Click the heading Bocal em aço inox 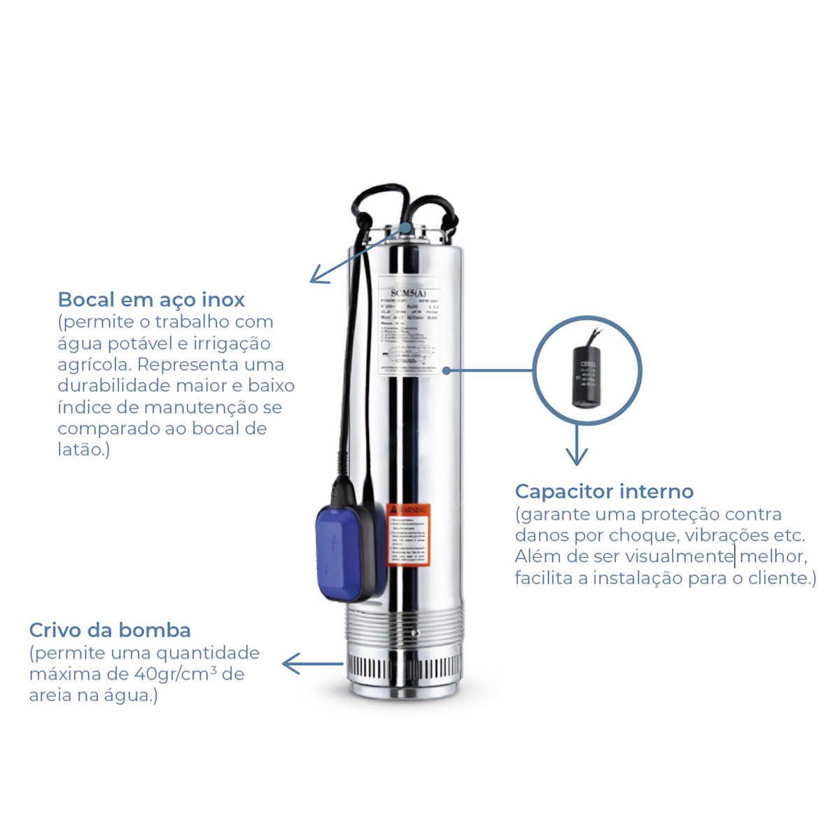151,300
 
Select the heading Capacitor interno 604,491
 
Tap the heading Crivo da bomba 110,631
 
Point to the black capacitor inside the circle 587,379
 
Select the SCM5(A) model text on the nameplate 408,293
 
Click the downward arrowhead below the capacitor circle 577,459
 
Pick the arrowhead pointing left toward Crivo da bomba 288,664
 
